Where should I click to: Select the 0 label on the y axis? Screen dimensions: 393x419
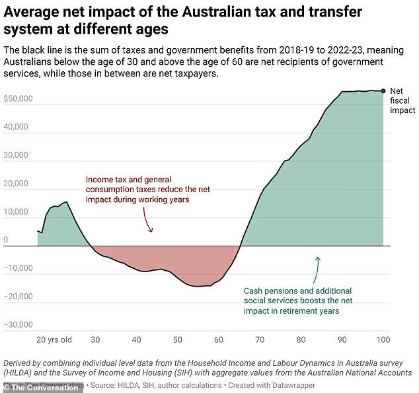[6, 240]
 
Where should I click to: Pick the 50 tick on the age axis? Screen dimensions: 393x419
[178, 339]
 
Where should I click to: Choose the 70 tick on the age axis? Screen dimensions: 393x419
[260, 339]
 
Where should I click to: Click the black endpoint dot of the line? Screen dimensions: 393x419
[383, 91]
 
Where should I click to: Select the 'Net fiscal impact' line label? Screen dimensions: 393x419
[402, 101]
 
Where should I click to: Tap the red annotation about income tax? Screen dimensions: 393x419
[137, 189]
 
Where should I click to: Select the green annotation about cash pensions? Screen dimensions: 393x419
[297, 301]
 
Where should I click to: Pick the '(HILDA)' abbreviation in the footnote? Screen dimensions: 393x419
[21, 373]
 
